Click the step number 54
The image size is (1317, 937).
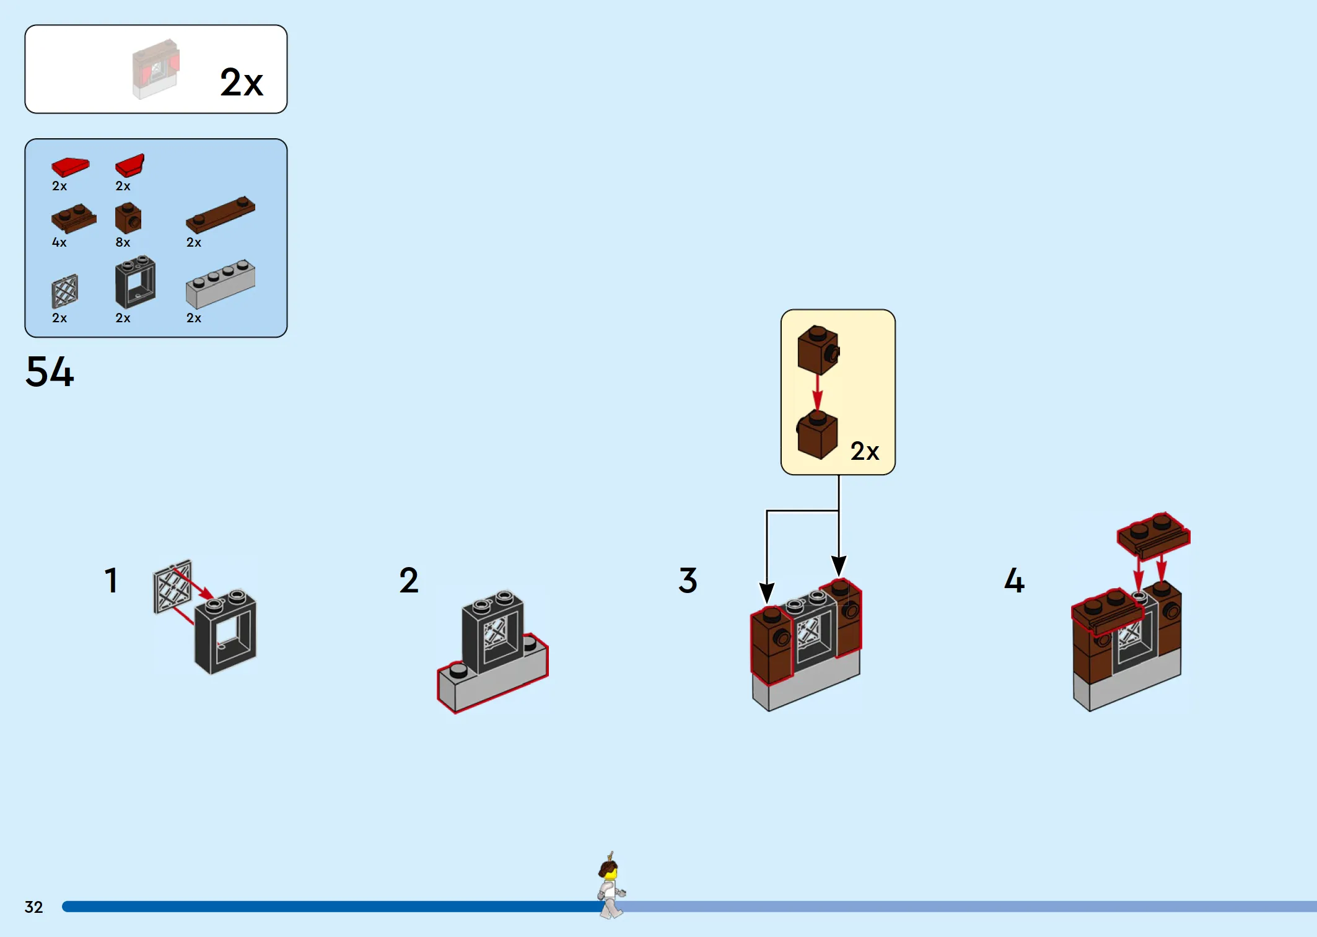tap(50, 372)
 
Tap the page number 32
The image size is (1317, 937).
tap(33, 907)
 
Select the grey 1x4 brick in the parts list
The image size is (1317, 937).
tap(221, 284)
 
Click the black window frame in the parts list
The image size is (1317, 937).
tap(135, 282)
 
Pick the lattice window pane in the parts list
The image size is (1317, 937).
tap(64, 291)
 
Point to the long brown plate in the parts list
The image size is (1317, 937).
tap(221, 214)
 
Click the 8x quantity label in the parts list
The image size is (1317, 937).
tap(123, 242)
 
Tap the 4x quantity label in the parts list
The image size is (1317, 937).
tap(59, 242)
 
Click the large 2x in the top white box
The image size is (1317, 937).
tap(242, 82)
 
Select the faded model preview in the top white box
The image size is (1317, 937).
tap(155, 69)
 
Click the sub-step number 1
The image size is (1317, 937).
tap(111, 581)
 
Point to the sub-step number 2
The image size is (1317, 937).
tap(409, 581)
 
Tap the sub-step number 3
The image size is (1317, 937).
tap(688, 581)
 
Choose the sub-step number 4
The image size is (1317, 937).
tap(1014, 581)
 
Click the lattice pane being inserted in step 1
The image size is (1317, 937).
tap(172, 587)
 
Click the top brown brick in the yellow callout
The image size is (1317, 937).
tap(818, 350)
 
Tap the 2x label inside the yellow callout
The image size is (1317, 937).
tap(865, 451)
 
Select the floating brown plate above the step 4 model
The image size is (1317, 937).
tap(1153, 535)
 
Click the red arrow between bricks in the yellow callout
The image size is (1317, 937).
tap(818, 393)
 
